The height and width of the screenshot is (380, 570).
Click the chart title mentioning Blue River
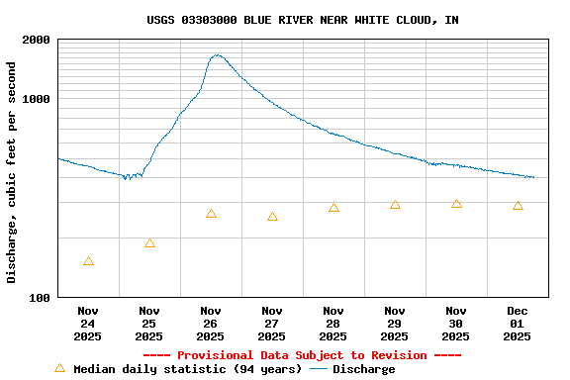(302, 20)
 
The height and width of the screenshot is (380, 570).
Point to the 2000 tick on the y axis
(37, 40)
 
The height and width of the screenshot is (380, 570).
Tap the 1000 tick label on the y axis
(37, 99)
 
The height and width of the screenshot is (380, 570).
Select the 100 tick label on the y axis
(41, 297)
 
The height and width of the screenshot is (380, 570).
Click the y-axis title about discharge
(12, 172)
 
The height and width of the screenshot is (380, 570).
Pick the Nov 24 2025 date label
(88, 324)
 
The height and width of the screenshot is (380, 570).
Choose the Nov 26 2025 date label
(211, 324)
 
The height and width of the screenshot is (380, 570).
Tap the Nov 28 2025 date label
(333, 324)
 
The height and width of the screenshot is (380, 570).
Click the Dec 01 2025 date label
(518, 324)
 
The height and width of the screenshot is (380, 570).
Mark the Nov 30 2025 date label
(456, 324)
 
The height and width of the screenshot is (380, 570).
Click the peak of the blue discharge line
(217, 55)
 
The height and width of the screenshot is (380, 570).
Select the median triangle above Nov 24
(88, 261)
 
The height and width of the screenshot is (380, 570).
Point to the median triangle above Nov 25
(149, 243)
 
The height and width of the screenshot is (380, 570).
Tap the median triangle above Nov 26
(211, 214)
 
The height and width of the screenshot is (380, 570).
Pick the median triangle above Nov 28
(333, 208)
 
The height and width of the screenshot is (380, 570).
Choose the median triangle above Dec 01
(518, 206)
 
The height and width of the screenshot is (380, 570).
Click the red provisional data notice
(302, 355)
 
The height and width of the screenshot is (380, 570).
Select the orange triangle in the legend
(59, 368)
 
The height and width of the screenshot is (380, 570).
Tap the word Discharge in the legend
(363, 369)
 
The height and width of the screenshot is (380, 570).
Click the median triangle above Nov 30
(456, 204)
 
